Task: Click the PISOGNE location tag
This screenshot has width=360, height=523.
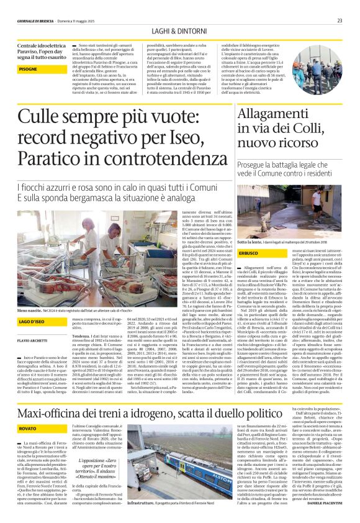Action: tap(28, 70)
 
